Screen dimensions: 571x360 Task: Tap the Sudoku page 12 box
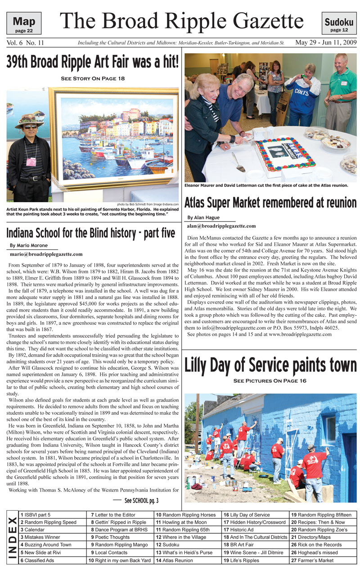pos(339,23)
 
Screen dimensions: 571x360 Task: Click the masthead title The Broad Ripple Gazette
pos(181,21)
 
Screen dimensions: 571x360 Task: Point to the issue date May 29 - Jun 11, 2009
pos(326,43)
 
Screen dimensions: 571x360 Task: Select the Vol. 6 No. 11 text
pos(25,43)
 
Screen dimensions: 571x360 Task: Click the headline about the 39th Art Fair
pos(92,62)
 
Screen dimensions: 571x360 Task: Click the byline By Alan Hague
pos(203,218)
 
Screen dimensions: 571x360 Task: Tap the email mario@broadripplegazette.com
pos(46,254)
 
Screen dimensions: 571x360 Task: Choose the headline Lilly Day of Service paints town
pos(270,365)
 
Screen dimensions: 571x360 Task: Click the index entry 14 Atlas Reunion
pos(174,560)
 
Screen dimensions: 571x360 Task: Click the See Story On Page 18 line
pos(92,78)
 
